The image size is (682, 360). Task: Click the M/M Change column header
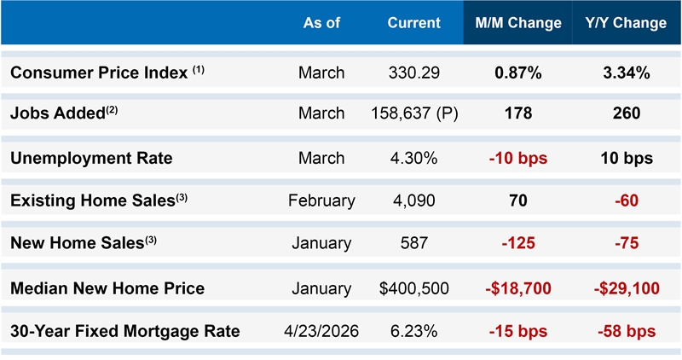click(518, 23)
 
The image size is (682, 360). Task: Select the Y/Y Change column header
click(626, 23)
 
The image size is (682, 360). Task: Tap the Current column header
click(414, 23)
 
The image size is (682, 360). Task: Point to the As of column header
click(321, 23)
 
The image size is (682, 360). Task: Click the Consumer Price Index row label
click(107, 73)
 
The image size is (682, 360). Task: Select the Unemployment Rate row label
click(91, 158)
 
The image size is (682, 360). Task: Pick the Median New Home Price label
click(107, 288)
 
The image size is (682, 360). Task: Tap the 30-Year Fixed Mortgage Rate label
click(124, 331)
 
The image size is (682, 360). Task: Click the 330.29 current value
click(414, 73)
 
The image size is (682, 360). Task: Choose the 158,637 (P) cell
click(414, 113)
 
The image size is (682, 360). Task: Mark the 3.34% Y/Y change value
click(627, 73)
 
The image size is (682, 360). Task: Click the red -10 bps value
click(518, 158)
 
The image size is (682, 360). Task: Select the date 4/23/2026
click(321, 331)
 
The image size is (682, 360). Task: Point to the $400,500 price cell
click(414, 288)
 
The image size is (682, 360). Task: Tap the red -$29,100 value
click(627, 288)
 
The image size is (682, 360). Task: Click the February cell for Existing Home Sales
click(321, 200)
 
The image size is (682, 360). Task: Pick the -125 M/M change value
click(518, 243)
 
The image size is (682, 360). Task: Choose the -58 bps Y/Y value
click(627, 331)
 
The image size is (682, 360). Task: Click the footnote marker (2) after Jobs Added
click(112, 110)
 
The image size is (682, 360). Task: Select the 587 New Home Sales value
click(414, 243)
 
